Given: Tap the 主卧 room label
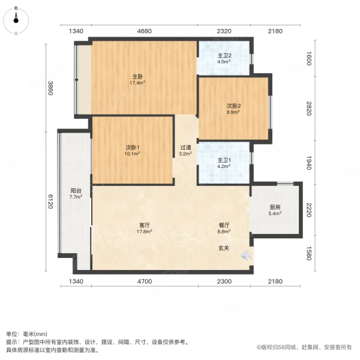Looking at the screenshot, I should [x=137, y=76].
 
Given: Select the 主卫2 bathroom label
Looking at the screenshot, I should [x=224, y=55].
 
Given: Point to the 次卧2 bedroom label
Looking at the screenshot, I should [x=233, y=106].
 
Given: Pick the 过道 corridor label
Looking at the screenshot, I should [x=186, y=148].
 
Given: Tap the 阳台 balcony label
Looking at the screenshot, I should [x=75, y=190].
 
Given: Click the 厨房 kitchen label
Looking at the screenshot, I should [x=274, y=208].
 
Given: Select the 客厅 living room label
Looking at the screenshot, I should [x=144, y=224].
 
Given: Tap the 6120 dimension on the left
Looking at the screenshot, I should [x=52, y=201].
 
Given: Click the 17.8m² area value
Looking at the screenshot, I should [x=144, y=231].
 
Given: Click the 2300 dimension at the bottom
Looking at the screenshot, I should [x=224, y=282].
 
